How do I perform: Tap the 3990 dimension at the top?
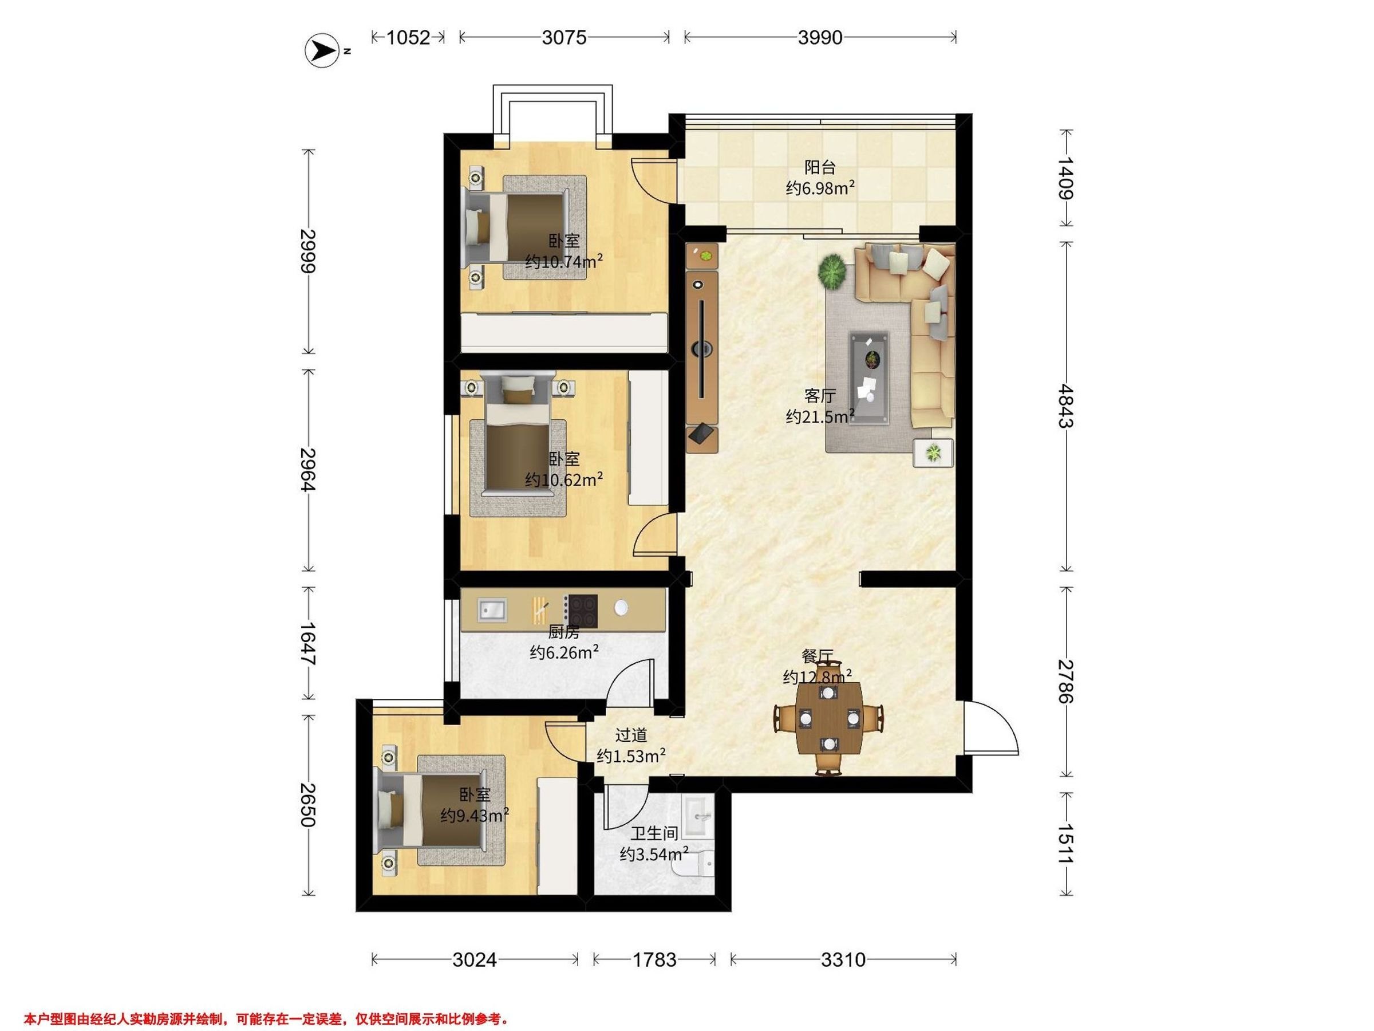(820, 37)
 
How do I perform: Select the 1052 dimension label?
(408, 37)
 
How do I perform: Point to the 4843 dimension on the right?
(1066, 406)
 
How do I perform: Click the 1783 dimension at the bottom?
(654, 960)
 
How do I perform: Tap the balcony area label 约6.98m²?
(820, 188)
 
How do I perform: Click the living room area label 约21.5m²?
(820, 416)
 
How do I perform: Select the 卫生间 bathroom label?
(654, 833)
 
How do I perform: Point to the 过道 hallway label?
(631, 735)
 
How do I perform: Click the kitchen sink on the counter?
(492, 609)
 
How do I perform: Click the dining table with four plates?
(828, 719)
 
